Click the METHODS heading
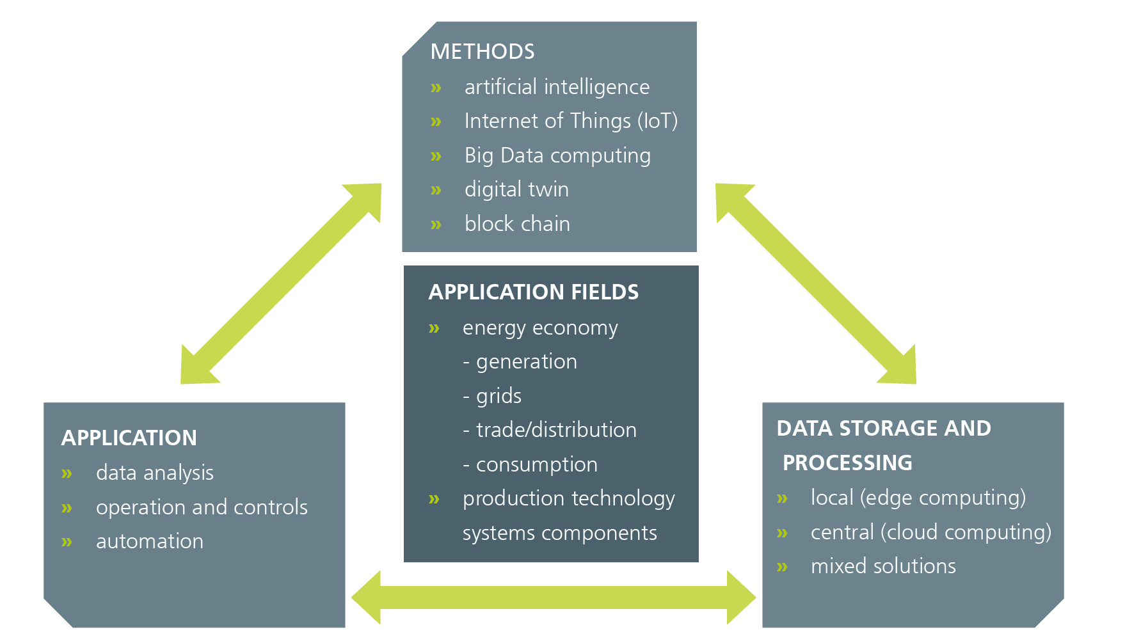(483, 51)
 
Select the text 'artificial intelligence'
(557, 87)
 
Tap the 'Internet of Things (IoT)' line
(571, 121)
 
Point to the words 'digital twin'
(516, 189)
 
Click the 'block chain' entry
(517, 224)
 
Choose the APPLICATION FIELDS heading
(534, 292)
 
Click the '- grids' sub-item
(492, 396)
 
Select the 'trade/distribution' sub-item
(556, 430)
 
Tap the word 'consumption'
(536, 464)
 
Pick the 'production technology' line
(568, 499)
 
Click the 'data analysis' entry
(154, 473)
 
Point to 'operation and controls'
(202, 507)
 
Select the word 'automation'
(150, 542)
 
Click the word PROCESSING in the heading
(847, 463)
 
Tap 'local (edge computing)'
(918, 498)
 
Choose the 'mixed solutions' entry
(883, 566)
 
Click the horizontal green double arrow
(554, 597)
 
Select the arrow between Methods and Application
(281, 283)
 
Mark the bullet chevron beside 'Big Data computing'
(436, 156)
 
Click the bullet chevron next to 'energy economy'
(434, 329)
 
